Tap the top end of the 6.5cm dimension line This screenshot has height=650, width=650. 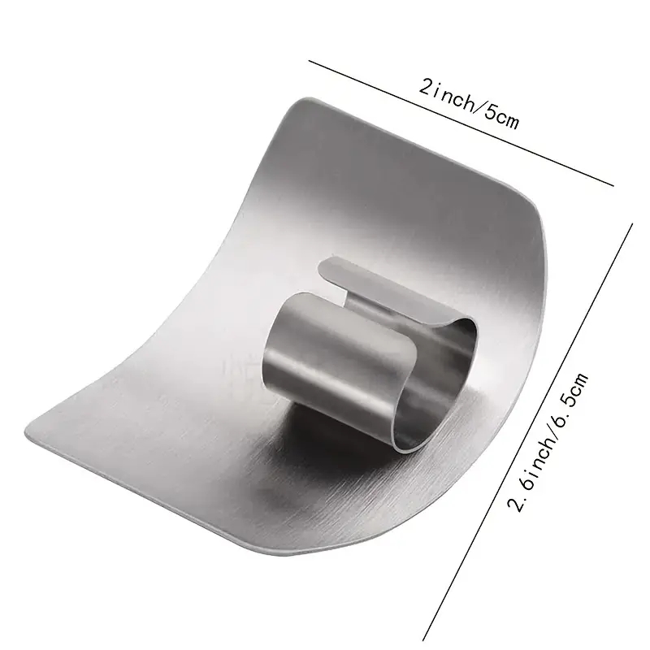point(632,225)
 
